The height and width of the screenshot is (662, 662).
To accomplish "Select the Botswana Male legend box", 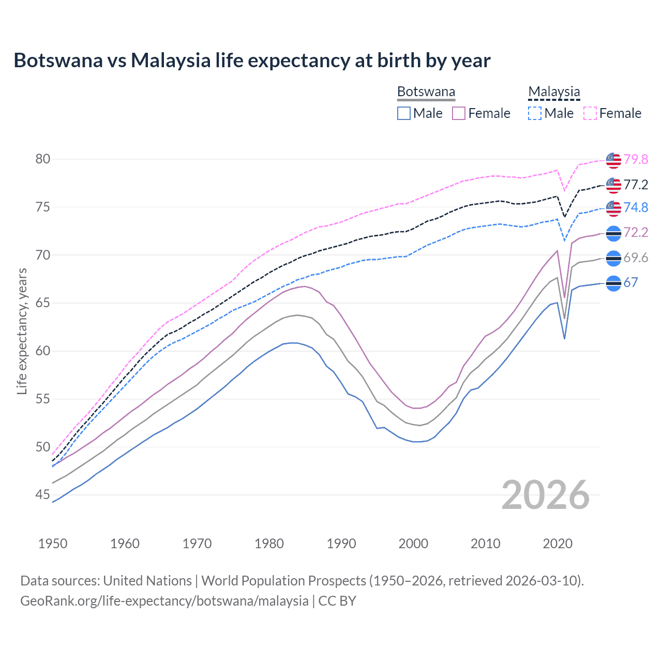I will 404,113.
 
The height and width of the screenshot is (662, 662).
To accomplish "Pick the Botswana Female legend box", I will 459,113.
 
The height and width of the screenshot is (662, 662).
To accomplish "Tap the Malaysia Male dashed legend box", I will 535,113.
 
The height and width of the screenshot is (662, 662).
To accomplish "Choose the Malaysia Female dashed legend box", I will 590,113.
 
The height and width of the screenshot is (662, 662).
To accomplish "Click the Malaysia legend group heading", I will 554,92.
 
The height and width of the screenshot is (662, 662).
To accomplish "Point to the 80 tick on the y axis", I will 43,159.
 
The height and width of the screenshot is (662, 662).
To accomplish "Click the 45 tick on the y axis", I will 43,495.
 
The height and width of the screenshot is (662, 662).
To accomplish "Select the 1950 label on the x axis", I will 53,544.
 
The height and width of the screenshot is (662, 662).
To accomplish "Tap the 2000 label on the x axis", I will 413,544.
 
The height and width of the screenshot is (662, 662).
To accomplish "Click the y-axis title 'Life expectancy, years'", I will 22,331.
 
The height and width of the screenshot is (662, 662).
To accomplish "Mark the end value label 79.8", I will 636,159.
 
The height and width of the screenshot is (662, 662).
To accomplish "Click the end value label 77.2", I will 636,185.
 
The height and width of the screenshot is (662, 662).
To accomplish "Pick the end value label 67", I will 630,282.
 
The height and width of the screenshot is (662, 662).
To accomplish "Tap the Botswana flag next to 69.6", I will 613,258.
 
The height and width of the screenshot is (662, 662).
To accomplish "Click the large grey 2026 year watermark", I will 546,495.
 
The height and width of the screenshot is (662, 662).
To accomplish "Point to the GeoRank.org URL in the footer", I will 164,601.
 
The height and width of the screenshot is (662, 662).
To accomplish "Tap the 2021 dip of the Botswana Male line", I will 564,338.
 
